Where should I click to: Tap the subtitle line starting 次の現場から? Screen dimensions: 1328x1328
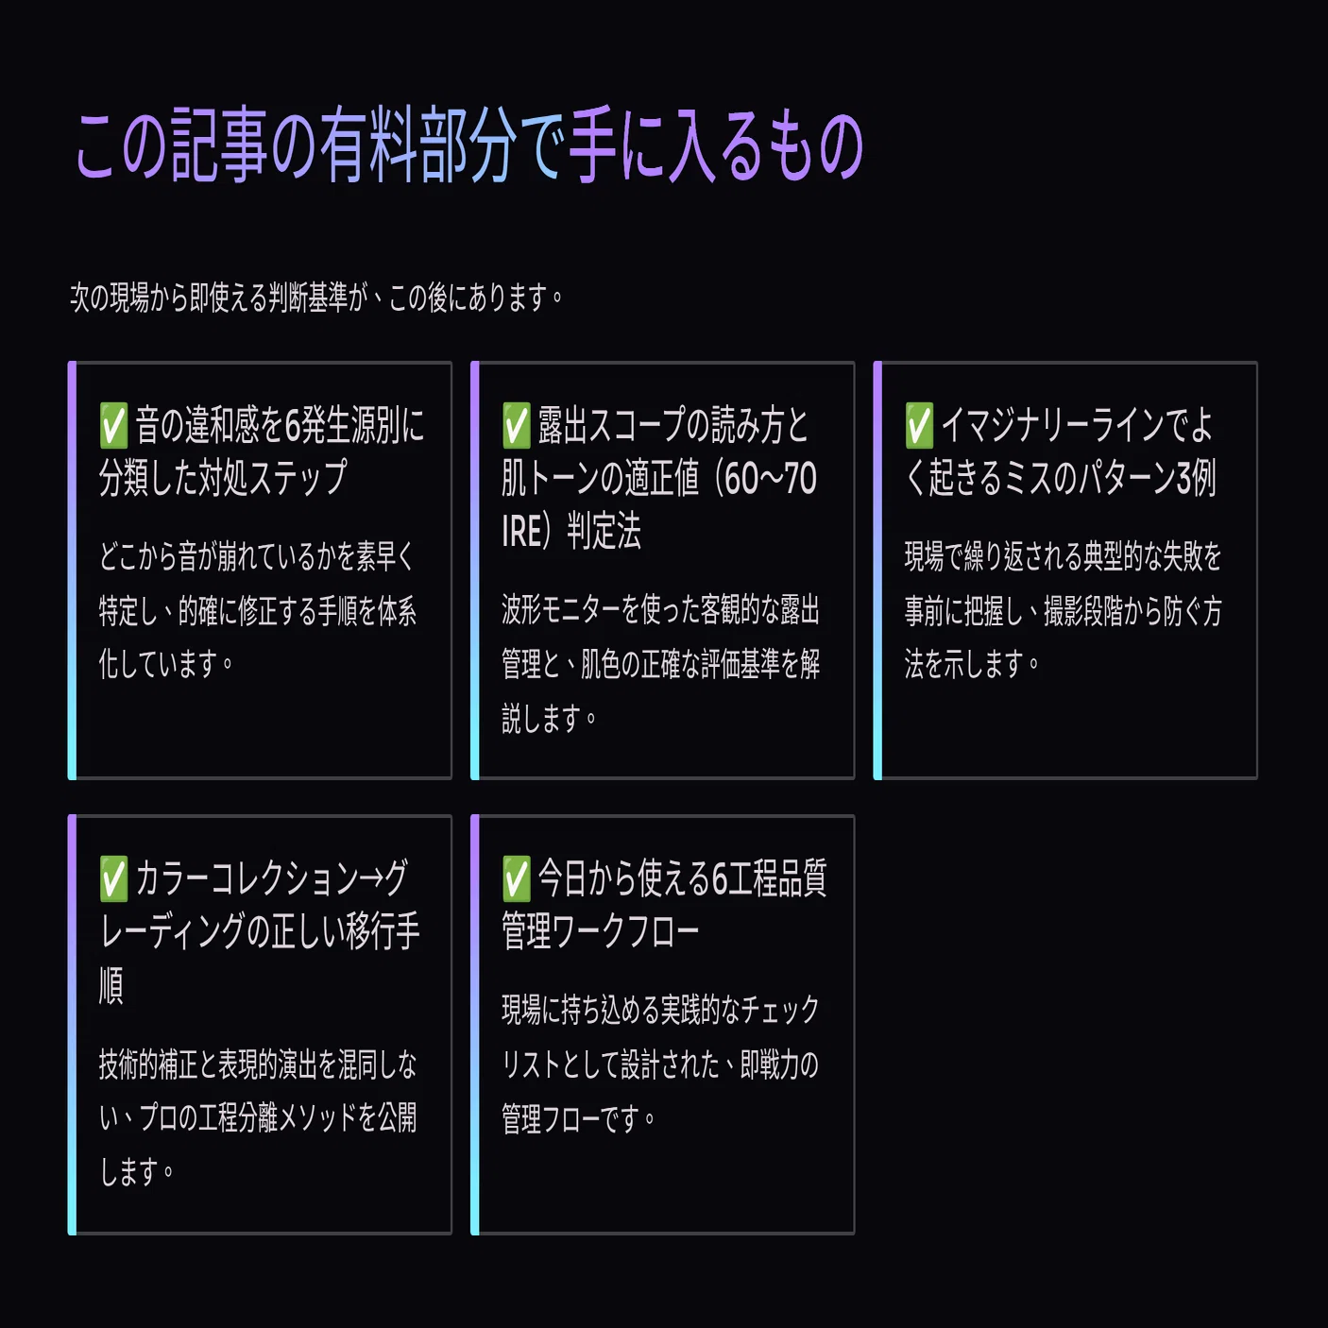click(x=316, y=298)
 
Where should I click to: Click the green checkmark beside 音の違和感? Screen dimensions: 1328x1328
click(x=113, y=425)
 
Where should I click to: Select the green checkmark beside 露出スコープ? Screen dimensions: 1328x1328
click(x=516, y=425)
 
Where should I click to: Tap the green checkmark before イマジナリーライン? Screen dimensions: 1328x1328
click(x=919, y=425)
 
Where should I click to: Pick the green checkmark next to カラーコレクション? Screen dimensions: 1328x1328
click(x=113, y=878)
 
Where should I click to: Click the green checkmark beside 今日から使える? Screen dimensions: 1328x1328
click(x=516, y=878)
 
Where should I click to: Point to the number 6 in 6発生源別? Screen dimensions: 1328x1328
click(x=292, y=426)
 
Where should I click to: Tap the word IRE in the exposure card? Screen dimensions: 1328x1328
click(x=522, y=532)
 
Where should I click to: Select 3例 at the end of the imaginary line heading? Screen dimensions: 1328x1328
click(x=1196, y=478)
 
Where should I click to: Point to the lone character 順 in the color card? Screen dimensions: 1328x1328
click(x=111, y=985)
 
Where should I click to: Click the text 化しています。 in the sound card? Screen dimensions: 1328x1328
click(x=166, y=664)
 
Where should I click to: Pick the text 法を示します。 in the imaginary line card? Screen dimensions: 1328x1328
click(x=972, y=664)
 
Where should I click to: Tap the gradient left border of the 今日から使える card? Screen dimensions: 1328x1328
click(x=475, y=1025)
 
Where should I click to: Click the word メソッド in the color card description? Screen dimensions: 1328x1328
click(x=317, y=1117)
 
